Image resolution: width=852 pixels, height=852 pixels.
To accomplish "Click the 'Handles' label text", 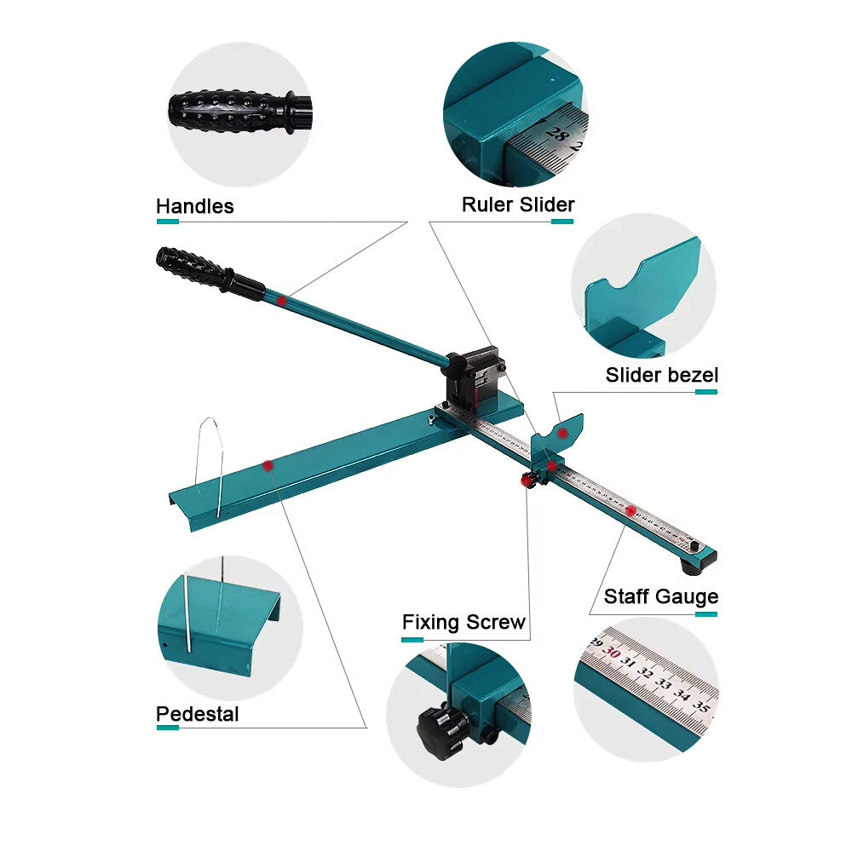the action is point(194,206).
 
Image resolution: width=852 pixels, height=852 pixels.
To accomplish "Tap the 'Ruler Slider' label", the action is point(518,204).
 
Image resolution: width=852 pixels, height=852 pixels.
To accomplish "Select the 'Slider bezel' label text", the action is point(661,375).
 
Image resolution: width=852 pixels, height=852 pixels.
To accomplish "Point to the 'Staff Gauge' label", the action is point(661,596).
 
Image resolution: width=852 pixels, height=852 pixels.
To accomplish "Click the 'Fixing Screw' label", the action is point(463,622).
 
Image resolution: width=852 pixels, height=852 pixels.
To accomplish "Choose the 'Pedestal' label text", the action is point(198,714).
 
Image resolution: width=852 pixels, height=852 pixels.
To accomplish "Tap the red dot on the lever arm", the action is point(281,301).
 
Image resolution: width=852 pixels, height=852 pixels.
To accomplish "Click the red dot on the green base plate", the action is point(268,466).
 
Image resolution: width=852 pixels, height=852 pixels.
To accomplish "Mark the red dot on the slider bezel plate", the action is point(562,433).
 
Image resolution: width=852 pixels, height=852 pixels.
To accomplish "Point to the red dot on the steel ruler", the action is point(630,510).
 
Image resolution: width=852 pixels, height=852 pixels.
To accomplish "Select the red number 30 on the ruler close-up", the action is point(613,653).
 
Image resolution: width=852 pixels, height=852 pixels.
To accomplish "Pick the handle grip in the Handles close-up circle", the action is point(239,112).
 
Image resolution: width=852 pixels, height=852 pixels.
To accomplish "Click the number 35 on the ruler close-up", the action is point(701,705).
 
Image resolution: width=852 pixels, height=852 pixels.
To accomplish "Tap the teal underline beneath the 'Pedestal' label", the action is point(167,728).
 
